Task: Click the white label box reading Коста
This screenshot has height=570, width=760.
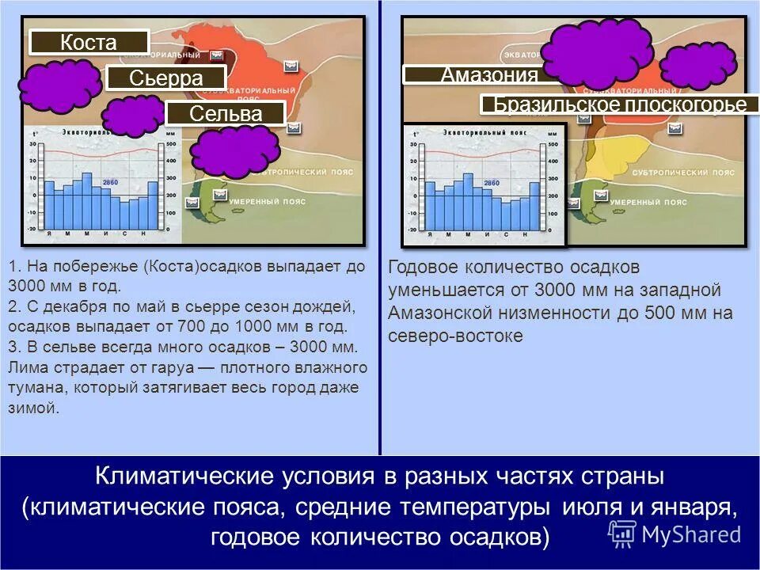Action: [89, 42]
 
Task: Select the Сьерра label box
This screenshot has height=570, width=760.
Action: [166, 78]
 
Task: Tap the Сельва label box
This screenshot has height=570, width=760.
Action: [226, 113]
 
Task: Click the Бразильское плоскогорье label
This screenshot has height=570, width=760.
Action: [619, 104]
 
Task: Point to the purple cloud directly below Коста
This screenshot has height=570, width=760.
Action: [60, 85]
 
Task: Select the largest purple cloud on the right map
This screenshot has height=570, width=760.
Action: [597, 55]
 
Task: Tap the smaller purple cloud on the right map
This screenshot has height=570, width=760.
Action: [697, 66]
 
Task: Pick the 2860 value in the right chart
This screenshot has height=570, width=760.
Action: [491, 183]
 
